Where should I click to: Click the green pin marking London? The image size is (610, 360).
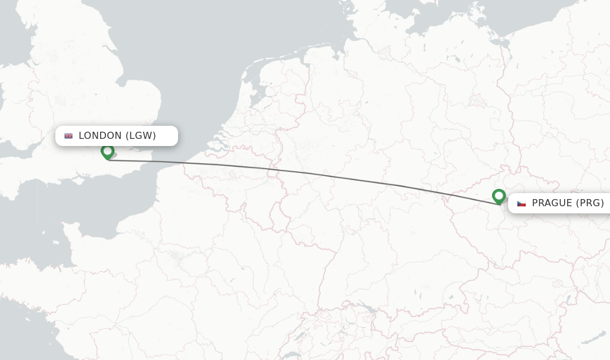tap(107, 151)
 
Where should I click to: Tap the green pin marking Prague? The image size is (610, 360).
tap(499, 195)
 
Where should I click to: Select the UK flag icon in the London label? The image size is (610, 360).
tap(69, 136)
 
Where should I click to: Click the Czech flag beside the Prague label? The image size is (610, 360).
tap(521, 203)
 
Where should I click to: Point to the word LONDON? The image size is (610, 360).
tap(100, 136)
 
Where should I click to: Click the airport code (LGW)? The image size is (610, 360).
tap(141, 136)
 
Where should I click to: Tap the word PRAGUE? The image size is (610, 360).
tap(552, 203)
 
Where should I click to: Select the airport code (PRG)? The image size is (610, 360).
tap(590, 203)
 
